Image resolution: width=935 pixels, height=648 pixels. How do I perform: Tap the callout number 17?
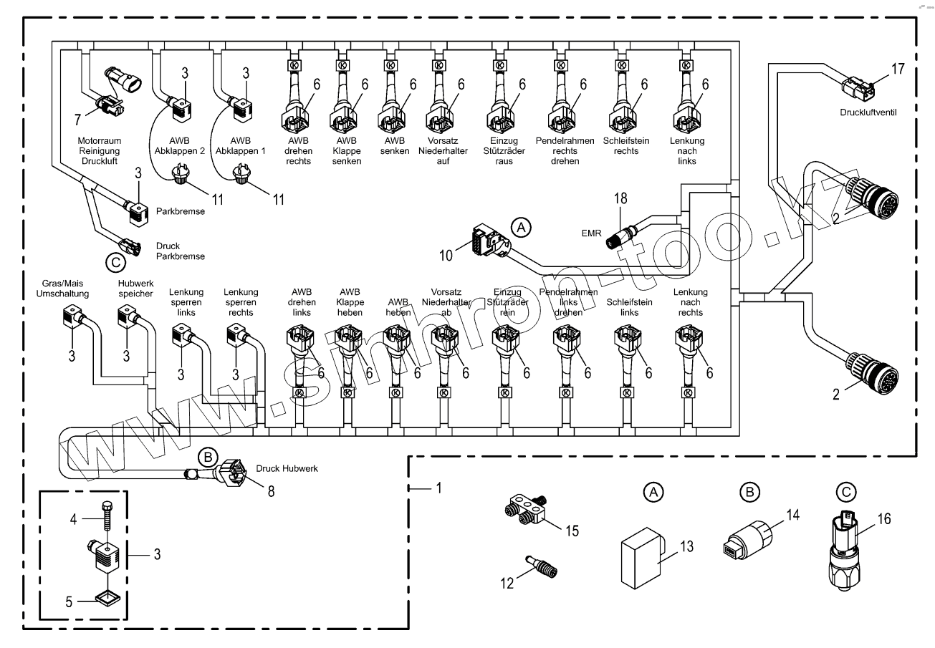click(898, 69)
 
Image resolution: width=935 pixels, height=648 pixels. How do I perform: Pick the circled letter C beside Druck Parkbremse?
click(115, 263)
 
